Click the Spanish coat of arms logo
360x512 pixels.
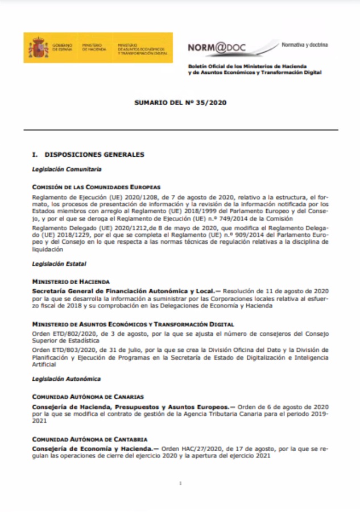click(35, 48)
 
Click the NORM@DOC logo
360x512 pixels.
click(217, 48)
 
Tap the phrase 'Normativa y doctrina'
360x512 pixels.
click(304, 44)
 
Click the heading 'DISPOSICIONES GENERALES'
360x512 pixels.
click(94, 155)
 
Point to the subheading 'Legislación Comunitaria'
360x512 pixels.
click(67, 169)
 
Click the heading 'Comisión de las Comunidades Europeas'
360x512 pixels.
click(96, 187)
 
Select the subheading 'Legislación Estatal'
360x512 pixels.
click(59, 264)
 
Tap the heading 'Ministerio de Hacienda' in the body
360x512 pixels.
click(71, 282)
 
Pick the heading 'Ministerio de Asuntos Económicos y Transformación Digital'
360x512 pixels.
click(133, 324)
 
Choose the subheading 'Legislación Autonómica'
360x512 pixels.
click(66, 379)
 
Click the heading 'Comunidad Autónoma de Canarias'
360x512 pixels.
click(88, 397)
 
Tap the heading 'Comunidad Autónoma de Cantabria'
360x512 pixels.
click(89, 439)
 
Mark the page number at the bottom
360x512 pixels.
click(180, 484)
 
